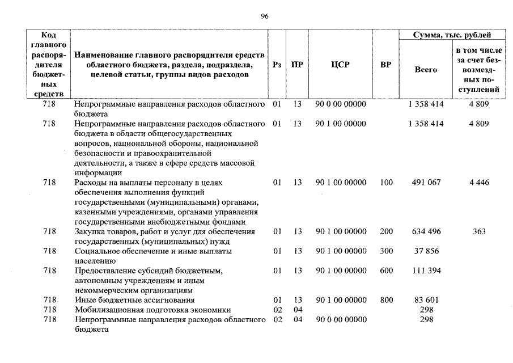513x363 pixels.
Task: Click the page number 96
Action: click(264, 16)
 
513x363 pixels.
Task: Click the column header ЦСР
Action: click(340, 65)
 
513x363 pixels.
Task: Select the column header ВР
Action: click(385, 65)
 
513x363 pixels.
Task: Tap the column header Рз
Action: click(277, 65)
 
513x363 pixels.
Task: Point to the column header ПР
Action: click(296, 65)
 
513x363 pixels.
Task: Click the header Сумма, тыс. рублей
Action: click(451, 35)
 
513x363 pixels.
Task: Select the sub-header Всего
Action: click(426, 70)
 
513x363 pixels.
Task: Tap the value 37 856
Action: click(426, 251)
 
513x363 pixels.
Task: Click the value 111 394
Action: click(426, 271)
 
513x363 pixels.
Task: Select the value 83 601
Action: click(426, 299)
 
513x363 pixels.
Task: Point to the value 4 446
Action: click(478, 183)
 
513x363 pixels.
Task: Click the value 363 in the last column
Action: click(478, 231)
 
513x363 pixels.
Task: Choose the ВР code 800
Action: click(386, 299)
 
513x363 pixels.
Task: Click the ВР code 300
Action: click(386, 251)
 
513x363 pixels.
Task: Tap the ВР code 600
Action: click(386, 271)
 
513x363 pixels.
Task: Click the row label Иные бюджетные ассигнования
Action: click(135, 299)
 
